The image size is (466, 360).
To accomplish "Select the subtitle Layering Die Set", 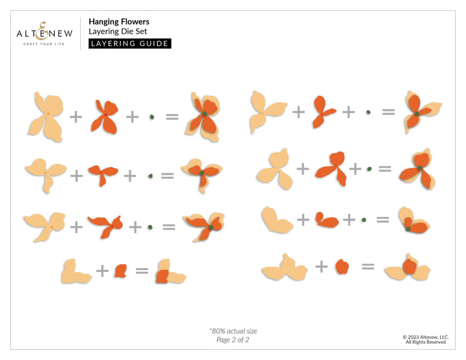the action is click(118, 32).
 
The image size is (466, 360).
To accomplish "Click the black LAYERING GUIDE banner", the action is click(130, 43).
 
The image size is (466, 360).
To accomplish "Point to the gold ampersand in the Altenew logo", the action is click(43, 31).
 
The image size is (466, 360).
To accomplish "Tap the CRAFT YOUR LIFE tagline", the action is click(44, 44).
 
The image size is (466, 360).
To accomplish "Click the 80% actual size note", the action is click(233, 331).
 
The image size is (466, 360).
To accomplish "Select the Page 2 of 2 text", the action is click(233, 340).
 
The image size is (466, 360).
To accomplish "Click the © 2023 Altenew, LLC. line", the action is click(426, 337).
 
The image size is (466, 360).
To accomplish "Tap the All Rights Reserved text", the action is click(426, 342).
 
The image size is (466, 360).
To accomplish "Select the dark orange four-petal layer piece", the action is click(105, 117).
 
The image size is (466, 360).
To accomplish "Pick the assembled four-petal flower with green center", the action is click(203, 117).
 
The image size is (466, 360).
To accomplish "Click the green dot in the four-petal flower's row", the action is click(152, 117).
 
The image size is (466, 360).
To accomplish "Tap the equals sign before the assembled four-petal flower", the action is click(172, 117).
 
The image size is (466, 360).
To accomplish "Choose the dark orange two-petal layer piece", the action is click(327, 221).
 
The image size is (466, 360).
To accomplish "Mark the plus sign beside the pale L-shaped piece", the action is click(102, 271).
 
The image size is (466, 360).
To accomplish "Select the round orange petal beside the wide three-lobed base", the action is click(342, 267).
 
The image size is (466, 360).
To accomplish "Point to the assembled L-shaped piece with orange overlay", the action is click(170, 272).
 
